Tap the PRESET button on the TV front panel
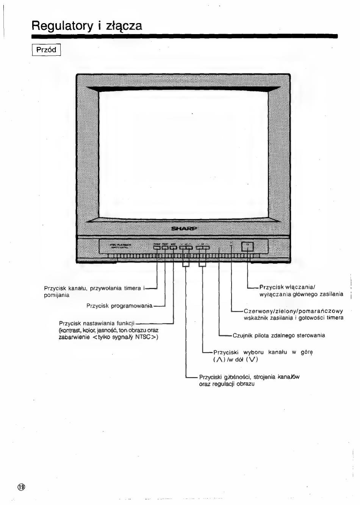pyautogui.click(x=165, y=248)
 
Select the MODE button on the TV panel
pyautogui.click(x=173, y=248)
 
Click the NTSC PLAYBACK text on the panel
pyautogui.click(x=121, y=245)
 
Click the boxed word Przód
pyautogui.click(x=46, y=50)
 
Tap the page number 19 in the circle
pyautogui.click(x=21, y=487)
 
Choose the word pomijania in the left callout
pyautogui.click(x=57, y=295)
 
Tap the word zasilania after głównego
pyautogui.click(x=332, y=294)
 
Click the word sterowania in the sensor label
pyautogui.click(x=311, y=335)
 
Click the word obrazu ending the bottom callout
pyautogui.click(x=245, y=384)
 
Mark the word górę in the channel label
pyautogui.click(x=307, y=352)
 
